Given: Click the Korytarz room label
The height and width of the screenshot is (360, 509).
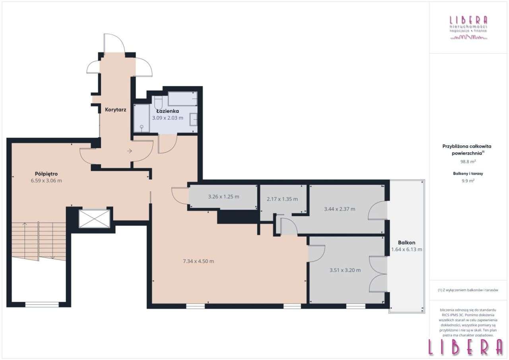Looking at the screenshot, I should click(x=116, y=109).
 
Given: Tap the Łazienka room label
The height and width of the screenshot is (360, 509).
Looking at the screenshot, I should click(x=167, y=111).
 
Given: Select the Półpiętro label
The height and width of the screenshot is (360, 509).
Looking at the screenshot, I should click(x=47, y=174).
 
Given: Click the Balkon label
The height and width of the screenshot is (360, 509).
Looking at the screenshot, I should click(x=407, y=242).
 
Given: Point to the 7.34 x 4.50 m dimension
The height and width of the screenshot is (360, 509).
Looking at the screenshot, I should click(x=198, y=261).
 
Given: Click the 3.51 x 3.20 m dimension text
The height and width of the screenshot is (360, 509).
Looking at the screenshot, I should click(x=345, y=270).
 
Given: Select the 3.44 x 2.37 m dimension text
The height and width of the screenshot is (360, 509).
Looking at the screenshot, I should click(x=340, y=208).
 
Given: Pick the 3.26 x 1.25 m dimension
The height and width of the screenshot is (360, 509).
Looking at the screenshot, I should click(x=223, y=197).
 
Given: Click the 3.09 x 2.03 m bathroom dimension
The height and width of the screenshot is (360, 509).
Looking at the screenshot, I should click(x=167, y=118).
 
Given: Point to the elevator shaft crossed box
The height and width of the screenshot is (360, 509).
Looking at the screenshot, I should click(x=94, y=219).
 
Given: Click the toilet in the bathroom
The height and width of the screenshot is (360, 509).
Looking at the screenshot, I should click(x=158, y=102).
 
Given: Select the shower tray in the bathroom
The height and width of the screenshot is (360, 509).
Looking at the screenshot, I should click(x=142, y=118).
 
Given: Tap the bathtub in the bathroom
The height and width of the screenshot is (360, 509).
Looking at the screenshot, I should click(x=183, y=98).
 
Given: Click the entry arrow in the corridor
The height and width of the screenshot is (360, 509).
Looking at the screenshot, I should click(x=130, y=151).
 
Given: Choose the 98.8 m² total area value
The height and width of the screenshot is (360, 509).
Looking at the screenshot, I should click(x=468, y=162).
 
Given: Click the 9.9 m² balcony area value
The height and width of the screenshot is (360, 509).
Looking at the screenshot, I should click(x=468, y=180).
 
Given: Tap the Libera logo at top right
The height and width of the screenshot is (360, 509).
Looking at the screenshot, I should click(x=468, y=27).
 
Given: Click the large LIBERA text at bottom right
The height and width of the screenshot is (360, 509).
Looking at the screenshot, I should click(x=466, y=348).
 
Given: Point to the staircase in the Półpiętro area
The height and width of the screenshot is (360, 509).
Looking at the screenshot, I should click(x=39, y=241).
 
